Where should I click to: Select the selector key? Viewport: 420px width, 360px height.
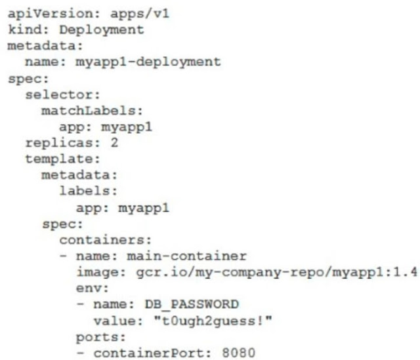point(52,94)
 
